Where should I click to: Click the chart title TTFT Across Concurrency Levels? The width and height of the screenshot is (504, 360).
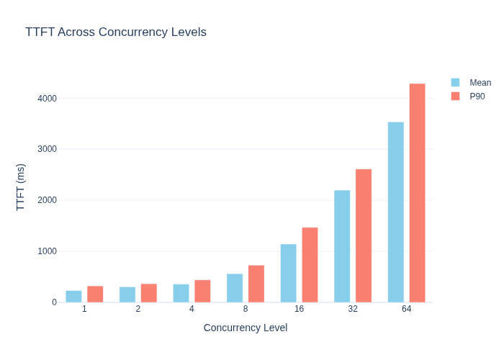tap(116, 32)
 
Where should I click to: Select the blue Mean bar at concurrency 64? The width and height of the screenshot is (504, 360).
tap(396, 212)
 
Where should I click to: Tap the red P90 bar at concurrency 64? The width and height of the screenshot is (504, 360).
tap(417, 193)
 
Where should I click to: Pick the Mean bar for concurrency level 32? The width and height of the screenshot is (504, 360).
tap(342, 246)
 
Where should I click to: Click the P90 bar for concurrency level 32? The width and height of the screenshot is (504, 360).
tap(364, 235)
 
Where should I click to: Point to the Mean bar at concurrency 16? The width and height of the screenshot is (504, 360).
tap(288, 273)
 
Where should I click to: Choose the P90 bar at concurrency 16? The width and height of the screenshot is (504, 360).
tap(310, 265)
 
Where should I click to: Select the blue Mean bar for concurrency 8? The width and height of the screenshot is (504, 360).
tap(235, 288)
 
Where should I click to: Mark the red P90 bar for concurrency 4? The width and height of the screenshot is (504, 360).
tap(202, 291)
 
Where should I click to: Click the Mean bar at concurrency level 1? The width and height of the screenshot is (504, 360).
tap(73, 297)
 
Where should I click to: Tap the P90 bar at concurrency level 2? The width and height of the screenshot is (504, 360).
tap(149, 293)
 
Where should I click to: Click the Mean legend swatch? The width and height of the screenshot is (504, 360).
tap(455, 83)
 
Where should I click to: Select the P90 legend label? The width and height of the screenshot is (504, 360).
tap(477, 96)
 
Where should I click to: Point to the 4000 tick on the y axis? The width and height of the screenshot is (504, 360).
tap(48, 99)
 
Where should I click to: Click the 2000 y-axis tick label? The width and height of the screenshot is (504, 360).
tap(48, 200)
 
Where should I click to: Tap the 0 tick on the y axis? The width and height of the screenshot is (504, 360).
tap(54, 302)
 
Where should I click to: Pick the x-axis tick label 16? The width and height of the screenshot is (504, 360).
tap(299, 309)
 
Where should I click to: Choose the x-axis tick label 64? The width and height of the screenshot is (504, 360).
tap(406, 309)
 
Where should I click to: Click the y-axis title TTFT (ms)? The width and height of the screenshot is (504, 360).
tap(20, 187)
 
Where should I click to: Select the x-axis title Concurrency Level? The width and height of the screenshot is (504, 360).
tap(246, 328)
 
